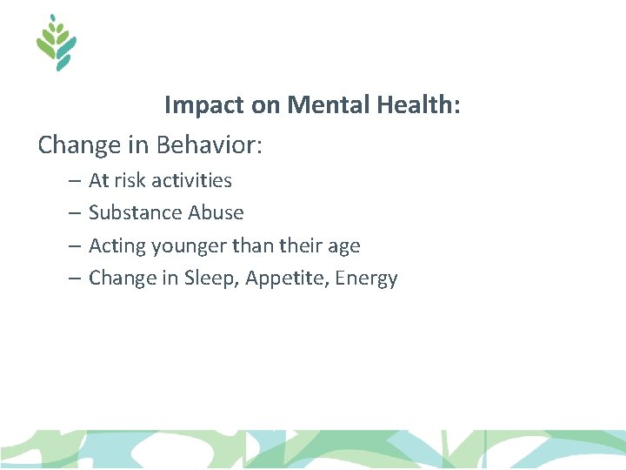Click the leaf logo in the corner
[x=57, y=43]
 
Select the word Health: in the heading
[x=419, y=105]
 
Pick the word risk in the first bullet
[x=130, y=180]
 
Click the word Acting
[x=117, y=246]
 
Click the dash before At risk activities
[x=72, y=181]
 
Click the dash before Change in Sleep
[x=72, y=279]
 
